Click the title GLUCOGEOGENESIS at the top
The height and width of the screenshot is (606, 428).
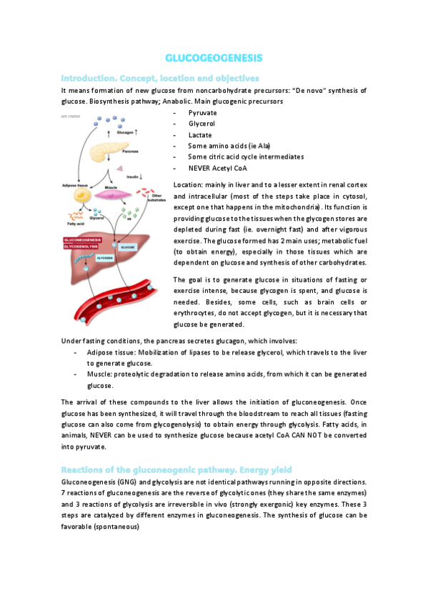[x=214, y=57]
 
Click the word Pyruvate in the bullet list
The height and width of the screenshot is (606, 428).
[x=203, y=113]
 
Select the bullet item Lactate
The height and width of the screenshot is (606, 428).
[x=200, y=134]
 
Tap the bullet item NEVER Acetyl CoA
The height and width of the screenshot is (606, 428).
[x=216, y=167]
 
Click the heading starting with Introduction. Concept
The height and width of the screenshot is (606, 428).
[x=160, y=77]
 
